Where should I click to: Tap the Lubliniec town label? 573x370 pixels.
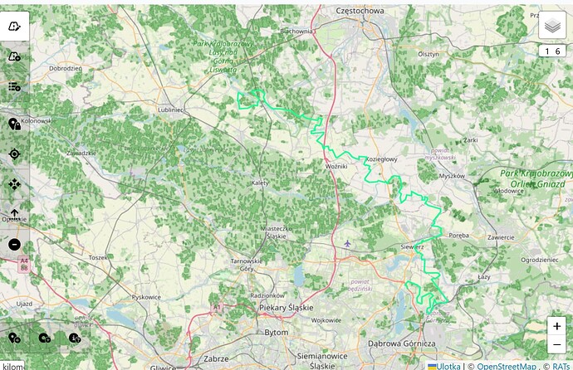tap(169, 109)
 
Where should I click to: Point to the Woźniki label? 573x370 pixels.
tap(336, 167)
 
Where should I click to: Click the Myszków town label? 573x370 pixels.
tap(453, 176)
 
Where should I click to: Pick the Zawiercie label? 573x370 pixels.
tap(501, 237)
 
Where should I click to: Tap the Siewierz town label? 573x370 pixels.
tap(413, 246)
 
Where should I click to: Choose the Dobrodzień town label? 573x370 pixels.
tap(65, 68)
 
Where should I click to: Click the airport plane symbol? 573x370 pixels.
tap(347, 244)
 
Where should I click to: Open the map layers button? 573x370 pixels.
tap(552, 27)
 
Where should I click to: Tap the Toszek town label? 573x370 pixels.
tap(99, 258)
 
